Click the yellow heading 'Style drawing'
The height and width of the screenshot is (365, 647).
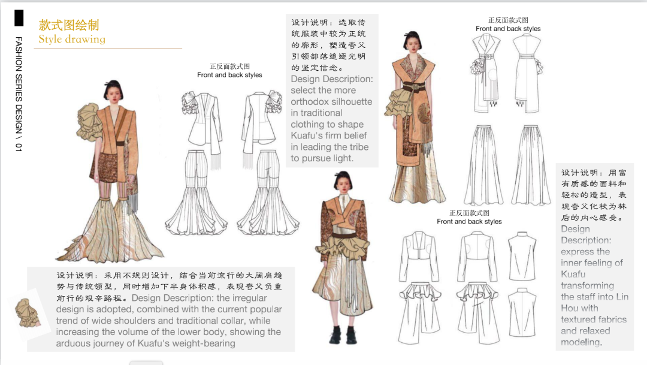click(x=72, y=39)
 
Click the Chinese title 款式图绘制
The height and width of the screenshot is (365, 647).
click(x=69, y=25)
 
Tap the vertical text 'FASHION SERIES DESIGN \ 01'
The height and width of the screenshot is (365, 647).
click(x=19, y=94)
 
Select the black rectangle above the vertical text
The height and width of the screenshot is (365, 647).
click(x=19, y=18)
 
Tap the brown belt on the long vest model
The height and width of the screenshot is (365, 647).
click(x=413, y=87)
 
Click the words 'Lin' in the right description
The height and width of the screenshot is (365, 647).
click(x=622, y=297)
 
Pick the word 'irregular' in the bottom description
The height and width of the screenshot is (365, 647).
click(x=249, y=298)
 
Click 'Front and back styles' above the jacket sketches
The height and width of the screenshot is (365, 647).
click(x=229, y=75)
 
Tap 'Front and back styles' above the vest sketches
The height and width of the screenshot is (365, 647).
click(x=508, y=29)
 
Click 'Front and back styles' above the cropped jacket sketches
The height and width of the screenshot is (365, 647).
click(x=469, y=221)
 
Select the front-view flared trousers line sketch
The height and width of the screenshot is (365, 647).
click(x=196, y=192)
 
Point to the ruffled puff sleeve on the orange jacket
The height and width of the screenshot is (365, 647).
click(x=89, y=122)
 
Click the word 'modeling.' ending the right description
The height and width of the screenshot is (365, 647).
click(x=581, y=342)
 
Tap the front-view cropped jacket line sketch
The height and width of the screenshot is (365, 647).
click(x=418, y=257)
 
